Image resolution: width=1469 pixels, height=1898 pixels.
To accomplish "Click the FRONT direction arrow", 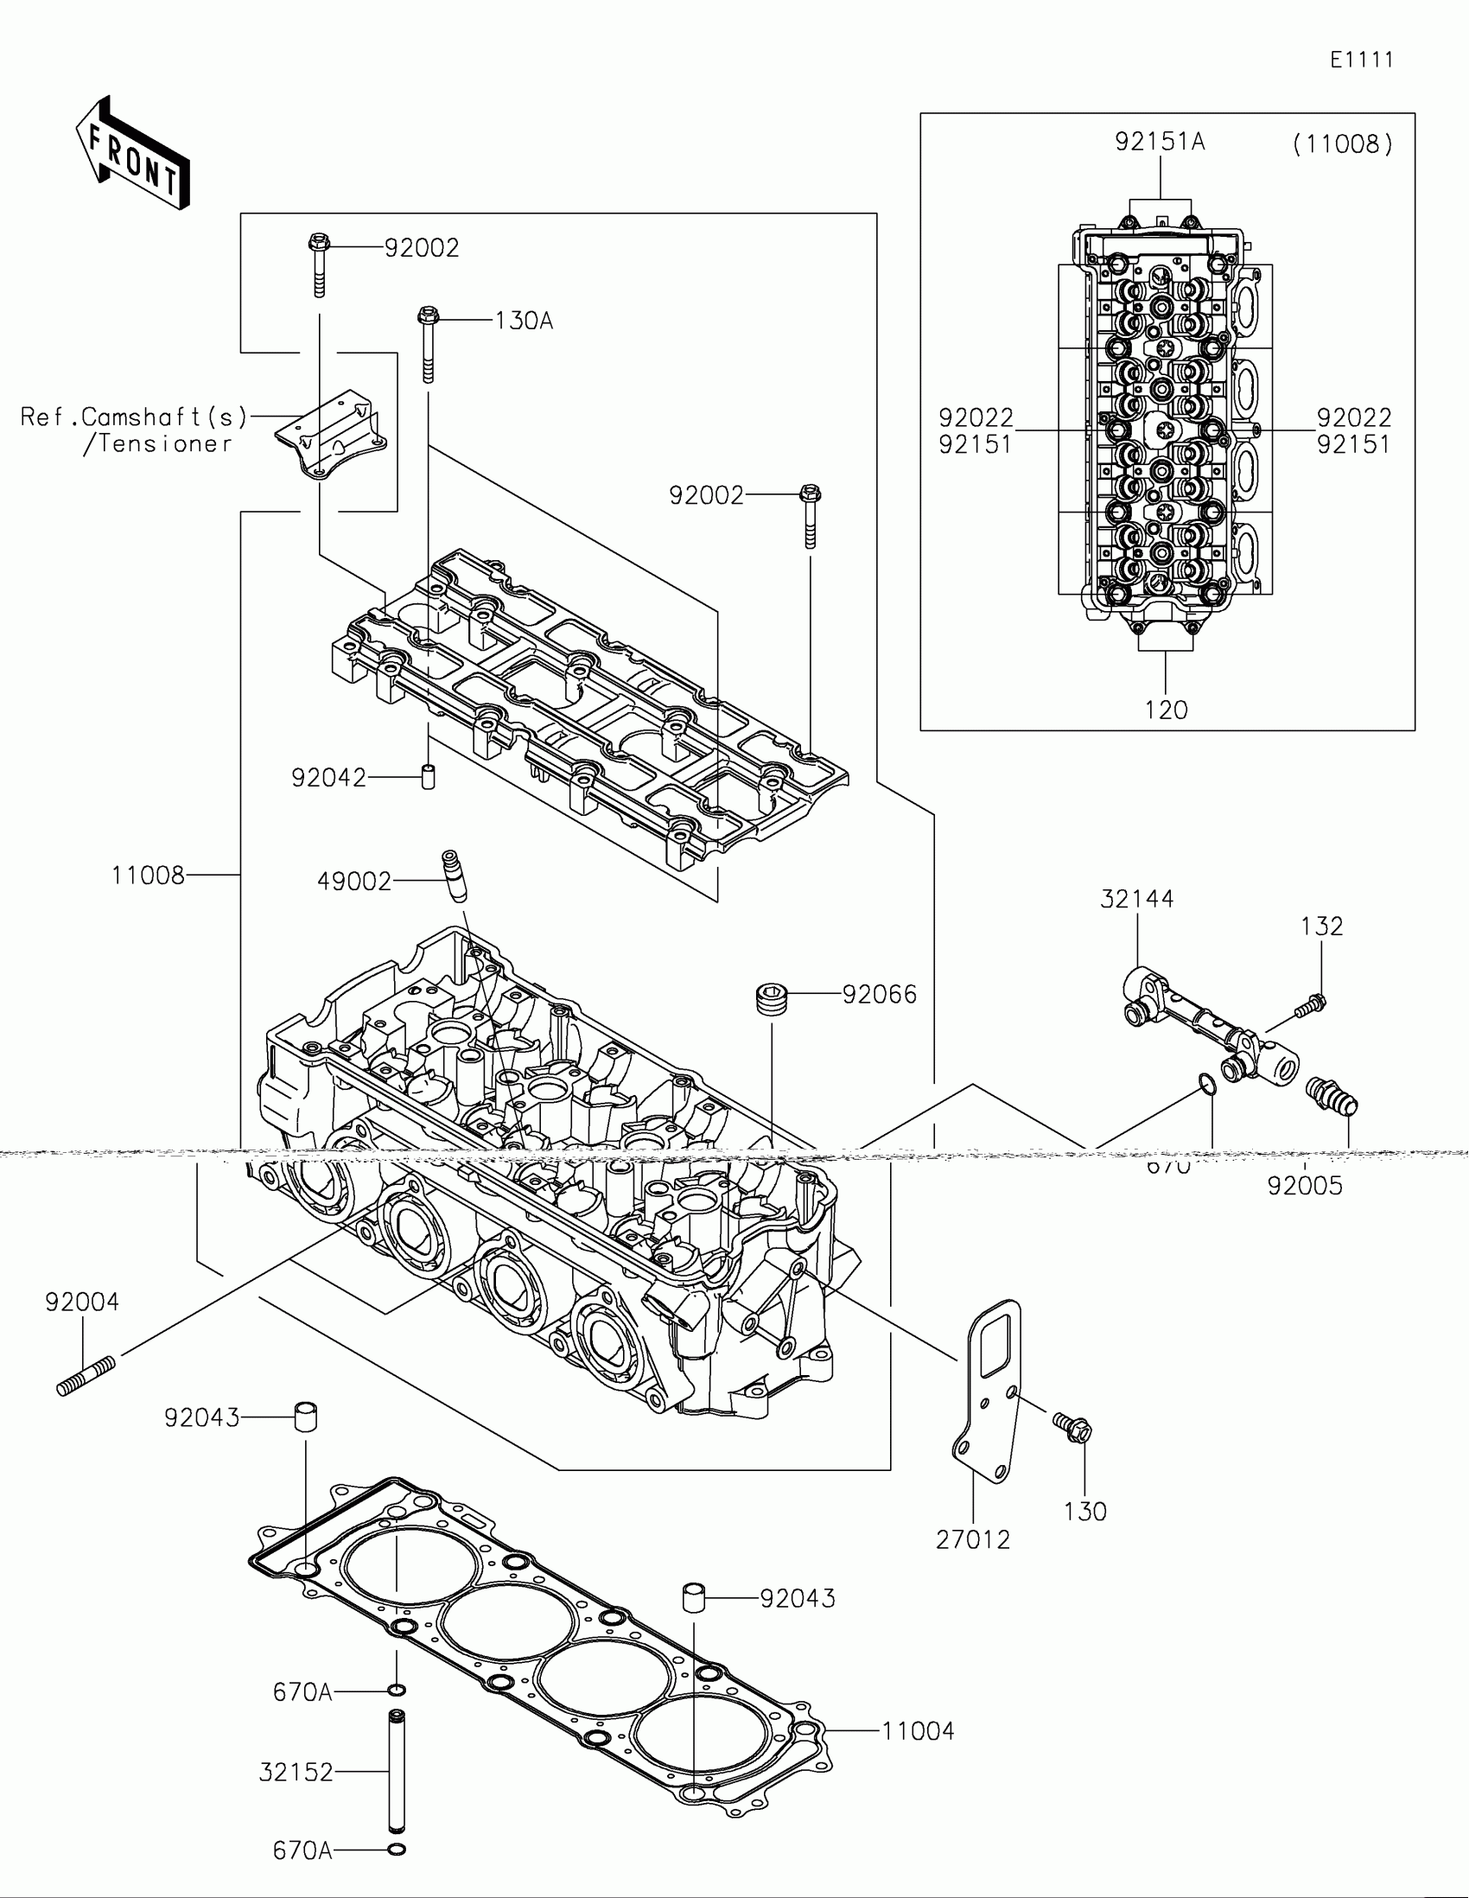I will pos(132,154).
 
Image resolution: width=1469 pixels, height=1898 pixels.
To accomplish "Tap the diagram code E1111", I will pos(1361,60).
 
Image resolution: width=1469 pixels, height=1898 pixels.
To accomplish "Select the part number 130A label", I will pos(524,322).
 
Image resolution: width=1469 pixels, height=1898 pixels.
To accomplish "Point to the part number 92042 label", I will pos(328,778).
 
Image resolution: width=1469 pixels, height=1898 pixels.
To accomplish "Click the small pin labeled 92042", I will pos(428,776).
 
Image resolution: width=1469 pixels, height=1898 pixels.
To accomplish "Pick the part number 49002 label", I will pos(354,882).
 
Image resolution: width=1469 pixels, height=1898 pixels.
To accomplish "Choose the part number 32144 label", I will pos(1136,900).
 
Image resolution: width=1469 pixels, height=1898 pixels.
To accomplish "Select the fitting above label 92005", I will pos(1332,1094).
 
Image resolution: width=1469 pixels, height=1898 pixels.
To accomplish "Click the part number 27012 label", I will pos(972,1540).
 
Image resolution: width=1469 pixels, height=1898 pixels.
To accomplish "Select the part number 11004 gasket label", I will pos(918,1731).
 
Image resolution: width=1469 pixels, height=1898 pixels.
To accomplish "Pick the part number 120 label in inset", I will pos(1165,710).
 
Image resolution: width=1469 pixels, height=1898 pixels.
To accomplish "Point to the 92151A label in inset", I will pos(1160,142).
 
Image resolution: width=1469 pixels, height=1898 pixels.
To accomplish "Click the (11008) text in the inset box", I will pos(1342,144).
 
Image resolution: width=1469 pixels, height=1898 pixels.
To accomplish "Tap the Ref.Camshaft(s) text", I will pos(134,418).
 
